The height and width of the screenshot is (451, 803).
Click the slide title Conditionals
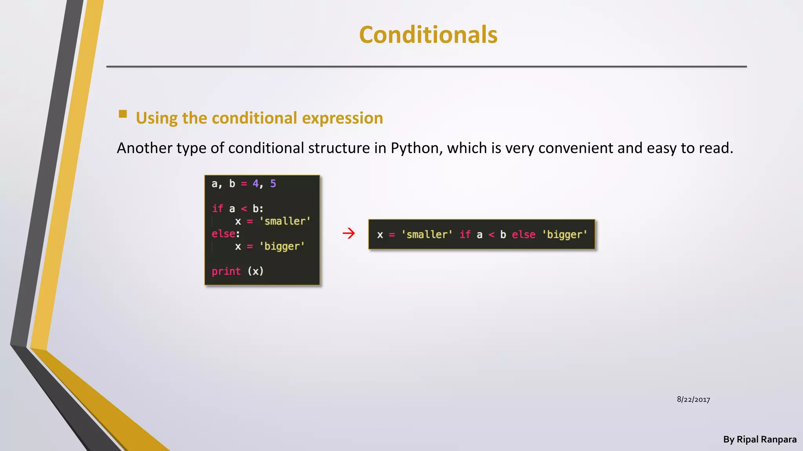[428, 35]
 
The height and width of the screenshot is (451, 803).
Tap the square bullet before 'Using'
[123, 114]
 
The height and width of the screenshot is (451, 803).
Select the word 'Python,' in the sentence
[416, 148]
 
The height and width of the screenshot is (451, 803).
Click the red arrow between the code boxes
[349, 233]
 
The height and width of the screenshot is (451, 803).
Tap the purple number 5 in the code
[273, 184]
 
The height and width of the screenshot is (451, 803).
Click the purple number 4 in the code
[256, 184]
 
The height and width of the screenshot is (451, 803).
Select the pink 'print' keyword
[226, 271]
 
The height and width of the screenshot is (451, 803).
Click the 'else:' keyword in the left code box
[225, 234]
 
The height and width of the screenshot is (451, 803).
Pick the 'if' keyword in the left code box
[217, 208]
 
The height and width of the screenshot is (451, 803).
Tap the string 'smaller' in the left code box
[285, 221]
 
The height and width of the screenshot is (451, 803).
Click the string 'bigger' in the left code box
[282, 246]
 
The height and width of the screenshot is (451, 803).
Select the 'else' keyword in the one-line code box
[523, 235]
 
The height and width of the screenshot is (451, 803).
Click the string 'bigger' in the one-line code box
[565, 235]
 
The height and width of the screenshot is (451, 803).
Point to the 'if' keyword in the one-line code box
[465, 235]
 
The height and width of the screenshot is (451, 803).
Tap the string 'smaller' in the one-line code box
[427, 235]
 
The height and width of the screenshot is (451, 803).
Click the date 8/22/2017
[693, 399]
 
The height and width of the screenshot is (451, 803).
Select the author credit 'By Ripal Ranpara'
[759, 439]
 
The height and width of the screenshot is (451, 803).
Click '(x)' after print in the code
[256, 271]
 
